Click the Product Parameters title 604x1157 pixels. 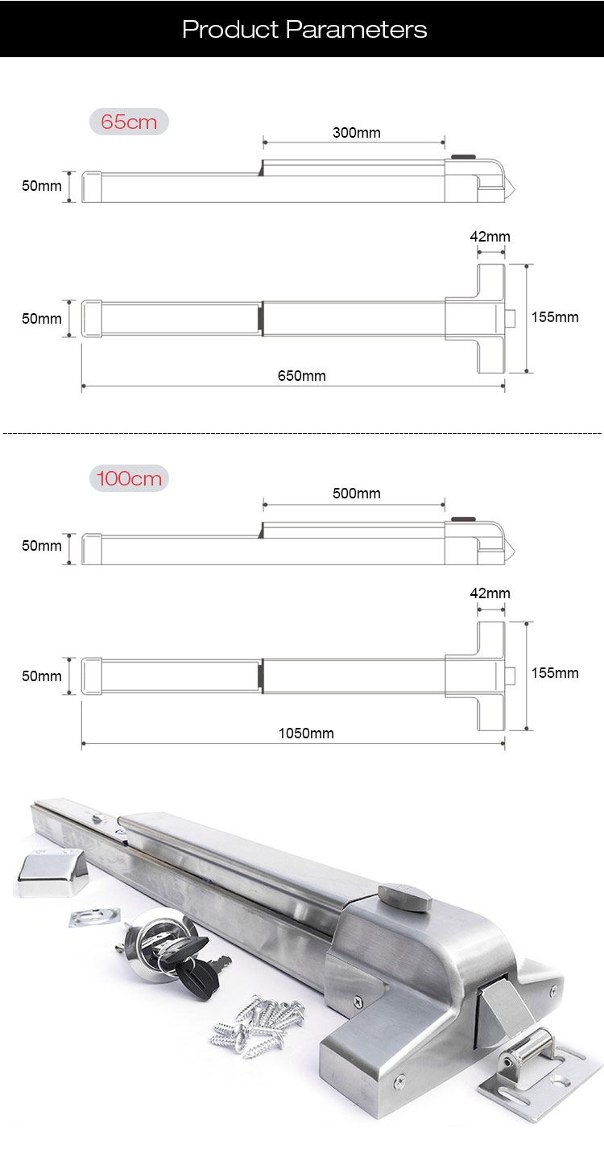pyautogui.click(x=304, y=30)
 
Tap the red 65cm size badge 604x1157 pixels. pyautogui.click(x=129, y=122)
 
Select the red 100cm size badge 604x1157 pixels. pyautogui.click(x=129, y=479)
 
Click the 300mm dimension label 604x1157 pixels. pyautogui.click(x=356, y=133)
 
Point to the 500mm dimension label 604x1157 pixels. pyautogui.click(x=356, y=493)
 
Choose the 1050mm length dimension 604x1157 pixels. pyautogui.click(x=306, y=733)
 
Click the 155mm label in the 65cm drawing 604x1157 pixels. pyautogui.click(x=555, y=316)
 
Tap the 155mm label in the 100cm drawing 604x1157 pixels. pyautogui.click(x=555, y=673)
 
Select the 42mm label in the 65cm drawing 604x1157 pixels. pyautogui.click(x=490, y=237)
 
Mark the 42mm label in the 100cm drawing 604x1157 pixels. pyautogui.click(x=490, y=593)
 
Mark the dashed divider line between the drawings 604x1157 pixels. pyautogui.click(x=302, y=433)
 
